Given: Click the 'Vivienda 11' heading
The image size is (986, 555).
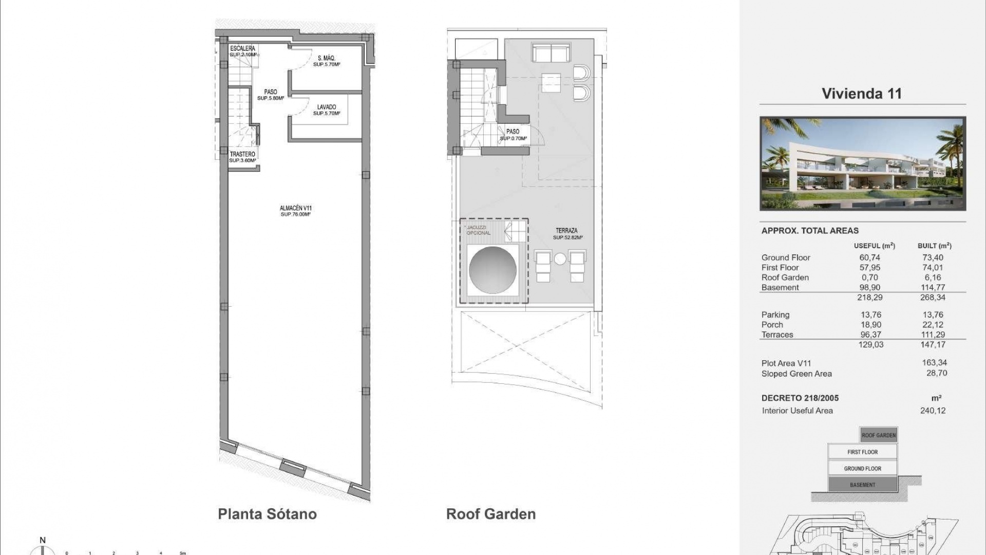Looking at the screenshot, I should click(862, 94).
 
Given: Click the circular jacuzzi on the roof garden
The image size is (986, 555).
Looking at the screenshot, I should click(492, 270).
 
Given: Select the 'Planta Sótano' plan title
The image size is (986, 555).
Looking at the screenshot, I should click(267, 514).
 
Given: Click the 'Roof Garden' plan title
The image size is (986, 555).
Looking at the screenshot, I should click(490, 514).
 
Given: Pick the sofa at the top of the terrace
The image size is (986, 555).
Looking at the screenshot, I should click(551, 52).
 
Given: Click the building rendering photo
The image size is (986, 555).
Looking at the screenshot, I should click(863, 163).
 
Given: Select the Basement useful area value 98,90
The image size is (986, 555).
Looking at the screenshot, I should click(870, 287).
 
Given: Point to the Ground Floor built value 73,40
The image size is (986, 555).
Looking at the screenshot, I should click(933, 257).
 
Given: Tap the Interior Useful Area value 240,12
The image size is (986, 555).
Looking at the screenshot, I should click(933, 411).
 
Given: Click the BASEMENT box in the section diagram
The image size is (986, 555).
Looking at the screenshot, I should click(862, 485).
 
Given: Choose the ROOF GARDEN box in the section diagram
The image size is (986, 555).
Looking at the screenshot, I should click(878, 435).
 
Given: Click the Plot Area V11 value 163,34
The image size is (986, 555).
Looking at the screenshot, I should click(934, 363).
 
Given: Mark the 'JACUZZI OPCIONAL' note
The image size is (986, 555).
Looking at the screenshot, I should click(478, 230).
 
